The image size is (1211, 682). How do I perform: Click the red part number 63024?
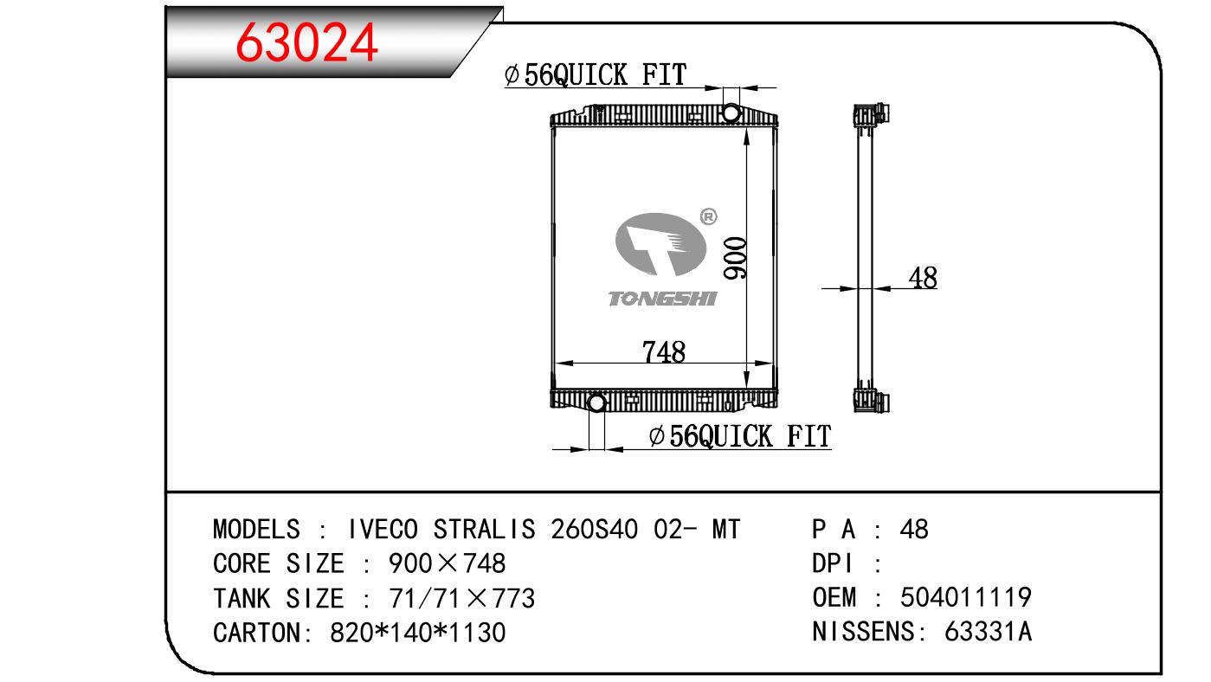[x=306, y=42]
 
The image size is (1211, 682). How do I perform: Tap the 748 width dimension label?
[x=664, y=351]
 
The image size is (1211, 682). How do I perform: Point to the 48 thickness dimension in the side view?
[x=923, y=278]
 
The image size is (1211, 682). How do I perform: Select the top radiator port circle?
[x=731, y=113]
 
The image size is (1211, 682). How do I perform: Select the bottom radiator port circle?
[x=596, y=402]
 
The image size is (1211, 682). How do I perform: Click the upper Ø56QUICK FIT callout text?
[x=596, y=74]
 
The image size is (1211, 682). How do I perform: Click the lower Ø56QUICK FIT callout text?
[x=740, y=436]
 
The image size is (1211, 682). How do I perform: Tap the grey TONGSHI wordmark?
[x=663, y=299]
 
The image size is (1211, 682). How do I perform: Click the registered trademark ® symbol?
[x=708, y=216]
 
